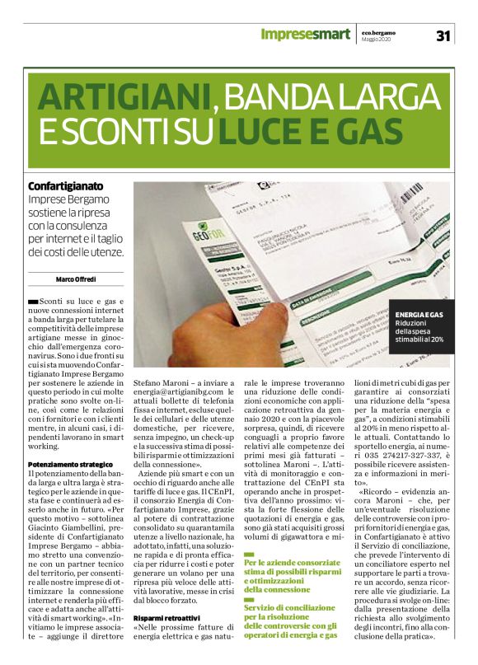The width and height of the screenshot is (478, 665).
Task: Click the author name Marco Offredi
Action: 75,279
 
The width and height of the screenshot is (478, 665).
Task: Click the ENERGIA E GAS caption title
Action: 419,315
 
